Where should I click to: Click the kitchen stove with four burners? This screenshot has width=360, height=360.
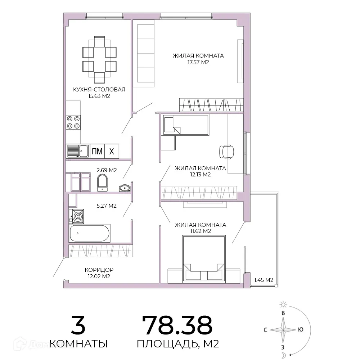click(73, 122)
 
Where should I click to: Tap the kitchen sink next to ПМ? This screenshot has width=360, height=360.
click(78, 151)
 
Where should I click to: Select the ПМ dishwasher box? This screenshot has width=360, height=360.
click(97, 151)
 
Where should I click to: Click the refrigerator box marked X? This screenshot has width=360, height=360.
click(112, 151)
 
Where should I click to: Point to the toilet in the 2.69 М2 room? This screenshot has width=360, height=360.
click(102, 183)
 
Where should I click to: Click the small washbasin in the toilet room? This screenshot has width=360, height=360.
click(125, 188)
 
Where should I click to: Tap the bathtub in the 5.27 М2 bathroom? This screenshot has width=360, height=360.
click(90, 233)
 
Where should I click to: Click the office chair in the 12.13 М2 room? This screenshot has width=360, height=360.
click(226, 152)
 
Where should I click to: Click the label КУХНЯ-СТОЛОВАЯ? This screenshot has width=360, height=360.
click(99, 90)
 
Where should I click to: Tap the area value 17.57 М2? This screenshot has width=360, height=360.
click(198, 62)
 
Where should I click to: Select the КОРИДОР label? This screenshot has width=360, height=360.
click(99, 270)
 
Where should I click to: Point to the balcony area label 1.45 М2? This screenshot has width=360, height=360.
click(264, 280)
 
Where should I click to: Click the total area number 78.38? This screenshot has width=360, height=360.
click(177, 325)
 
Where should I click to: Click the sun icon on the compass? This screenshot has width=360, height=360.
click(283, 305)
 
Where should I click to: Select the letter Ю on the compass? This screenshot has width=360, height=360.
click(300, 330)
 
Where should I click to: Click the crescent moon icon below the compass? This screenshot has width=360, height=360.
click(284, 355)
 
